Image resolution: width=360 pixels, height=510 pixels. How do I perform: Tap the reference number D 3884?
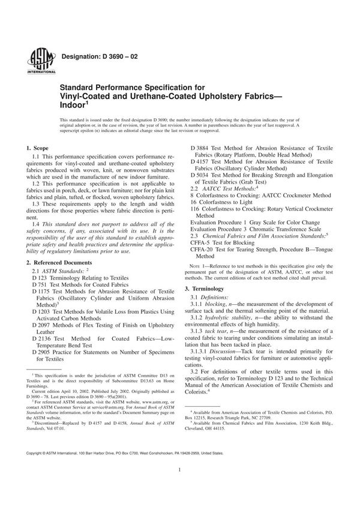[201, 147]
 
